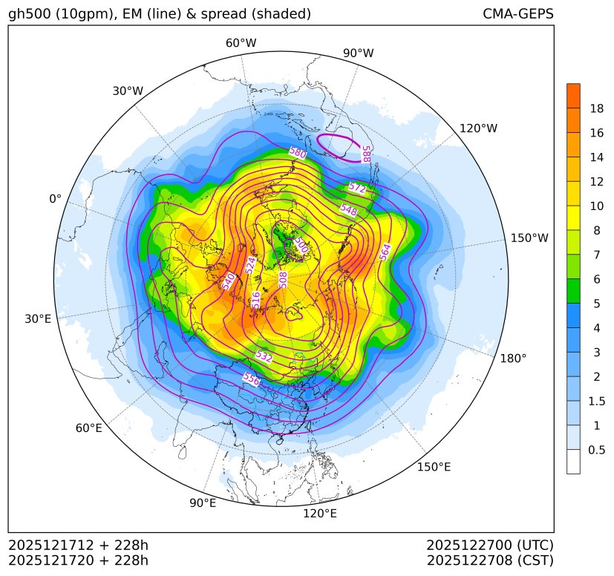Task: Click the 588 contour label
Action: click(365, 154)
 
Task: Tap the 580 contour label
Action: click(298, 153)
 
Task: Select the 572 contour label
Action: click(357, 188)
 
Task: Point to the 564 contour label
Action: click(385, 252)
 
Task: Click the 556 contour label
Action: click(252, 379)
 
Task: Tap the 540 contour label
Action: click(229, 281)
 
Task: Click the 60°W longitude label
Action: click(241, 43)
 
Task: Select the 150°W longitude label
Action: click(529, 238)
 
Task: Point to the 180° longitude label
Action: click(513, 358)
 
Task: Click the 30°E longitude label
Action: click(38, 319)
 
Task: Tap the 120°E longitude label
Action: click(320, 513)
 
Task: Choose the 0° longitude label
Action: click(56, 199)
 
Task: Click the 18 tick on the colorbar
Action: click(596, 108)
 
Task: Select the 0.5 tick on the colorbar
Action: click(596, 450)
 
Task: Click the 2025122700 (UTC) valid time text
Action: click(490, 546)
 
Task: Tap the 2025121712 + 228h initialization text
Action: click(79, 546)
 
